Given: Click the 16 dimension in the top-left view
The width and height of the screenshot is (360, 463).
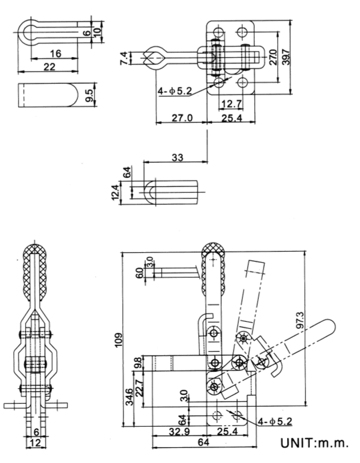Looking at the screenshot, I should (x=55, y=53).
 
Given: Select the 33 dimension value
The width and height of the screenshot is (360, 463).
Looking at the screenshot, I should (x=176, y=158).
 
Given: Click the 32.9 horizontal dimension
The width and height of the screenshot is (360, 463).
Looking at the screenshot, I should (x=178, y=431).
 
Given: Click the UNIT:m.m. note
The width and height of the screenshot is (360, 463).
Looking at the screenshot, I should (x=314, y=443).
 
